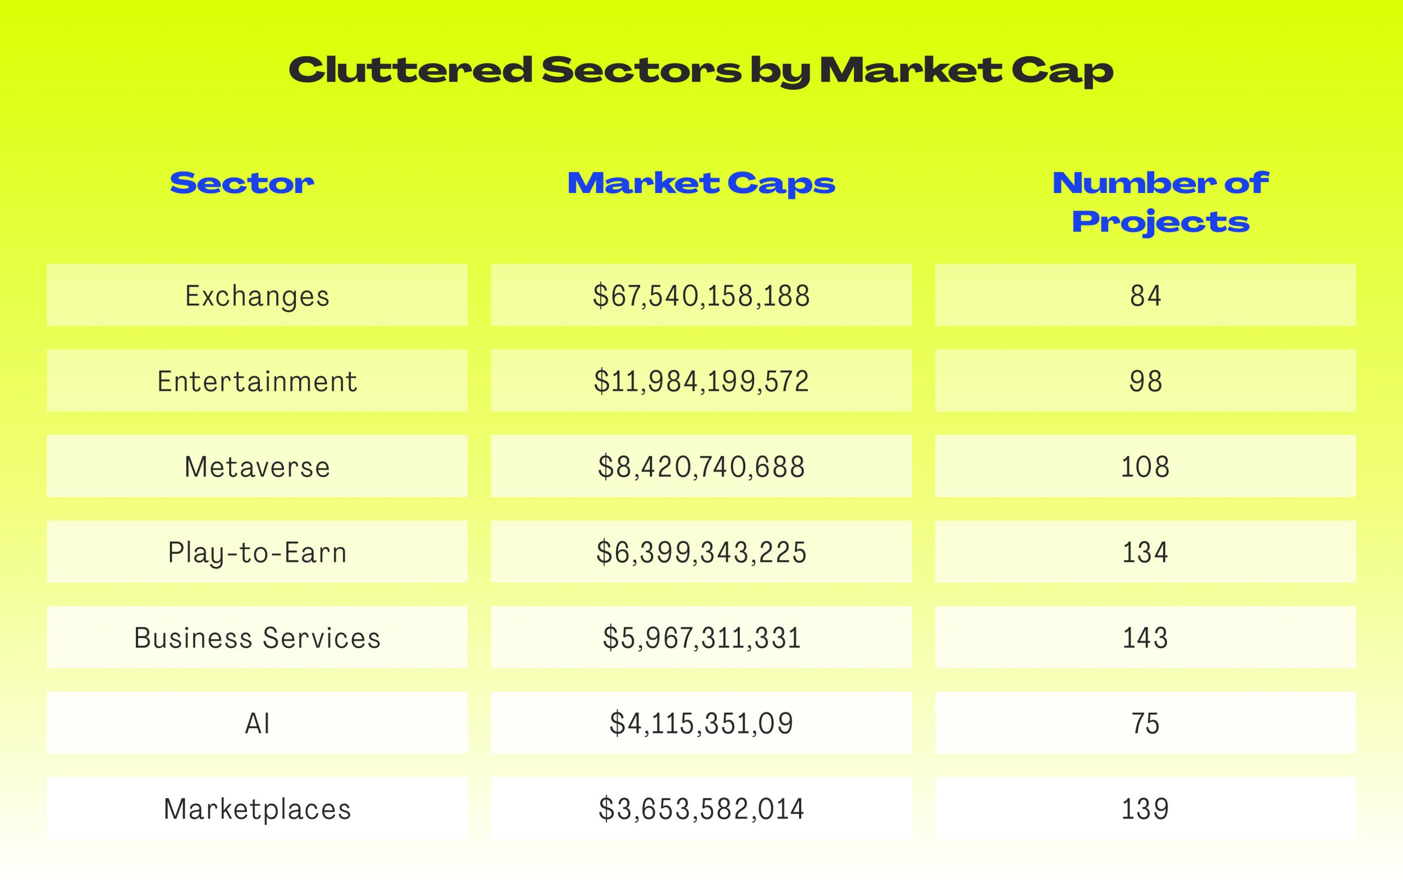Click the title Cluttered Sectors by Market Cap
pos(701,71)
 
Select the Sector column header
pos(242,183)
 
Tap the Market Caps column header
pos(701,184)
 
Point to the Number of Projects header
pos(1161,203)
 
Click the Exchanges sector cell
pos(257,296)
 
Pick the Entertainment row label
pos(257,381)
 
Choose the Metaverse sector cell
pos(257,467)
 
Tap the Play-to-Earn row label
pos(257,553)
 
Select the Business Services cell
pos(257,638)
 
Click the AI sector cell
pos(257,723)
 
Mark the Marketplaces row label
pos(257,809)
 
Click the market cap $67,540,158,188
pos(701,296)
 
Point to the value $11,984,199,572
pos(701,381)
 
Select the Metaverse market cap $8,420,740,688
pos(701,467)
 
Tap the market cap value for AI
pos(701,723)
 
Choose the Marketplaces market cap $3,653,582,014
pos(701,809)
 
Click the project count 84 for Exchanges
pos(1145,296)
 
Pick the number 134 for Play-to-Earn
pos(1145,553)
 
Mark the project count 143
pos(1145,638)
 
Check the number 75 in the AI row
pos(1145,723)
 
